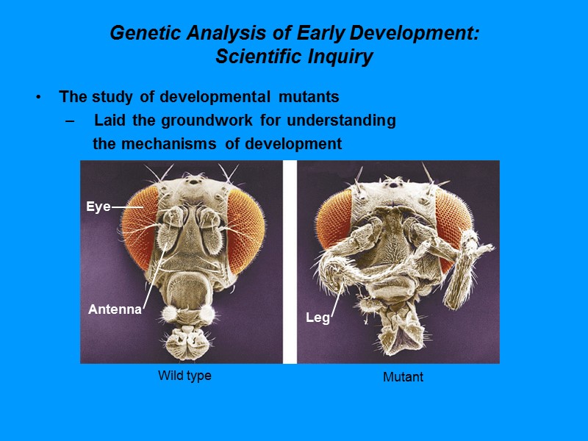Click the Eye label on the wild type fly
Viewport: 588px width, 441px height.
[98, 207]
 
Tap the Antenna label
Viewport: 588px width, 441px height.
[115, 309]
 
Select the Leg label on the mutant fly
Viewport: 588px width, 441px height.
[318, 318]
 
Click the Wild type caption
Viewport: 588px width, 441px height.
[184, 376]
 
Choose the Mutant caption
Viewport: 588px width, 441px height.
[403, 377]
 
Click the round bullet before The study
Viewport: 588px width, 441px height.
[37, 98]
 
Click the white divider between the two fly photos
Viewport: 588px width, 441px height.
[290, 262]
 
